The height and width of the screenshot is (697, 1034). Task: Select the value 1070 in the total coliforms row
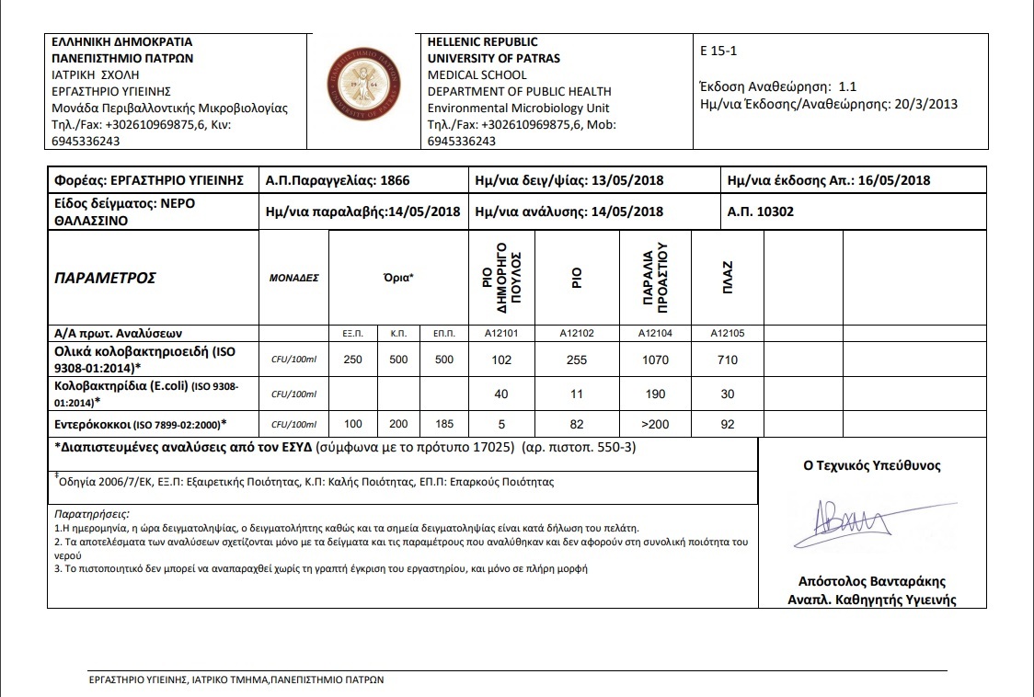pos(655,360)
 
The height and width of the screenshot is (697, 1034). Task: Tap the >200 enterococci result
pos(655,424)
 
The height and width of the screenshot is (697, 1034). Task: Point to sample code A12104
pos(655,334)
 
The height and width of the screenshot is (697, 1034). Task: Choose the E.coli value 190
pos(655,393)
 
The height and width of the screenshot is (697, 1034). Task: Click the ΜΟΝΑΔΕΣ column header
pos(293,278)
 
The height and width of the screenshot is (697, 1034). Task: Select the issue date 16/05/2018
pos(891,180)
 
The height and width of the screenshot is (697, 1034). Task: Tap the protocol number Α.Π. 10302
pos(760,211)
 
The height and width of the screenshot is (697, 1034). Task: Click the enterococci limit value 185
pos(443,424)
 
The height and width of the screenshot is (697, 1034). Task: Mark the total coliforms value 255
pos(577,360)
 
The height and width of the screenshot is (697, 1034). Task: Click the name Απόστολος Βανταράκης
pos(871,581)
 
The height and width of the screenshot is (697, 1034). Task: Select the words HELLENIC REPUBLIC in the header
pos(483,42)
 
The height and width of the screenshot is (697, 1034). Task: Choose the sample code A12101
pos(501,334)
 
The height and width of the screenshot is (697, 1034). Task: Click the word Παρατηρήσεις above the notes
pos(92,513)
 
